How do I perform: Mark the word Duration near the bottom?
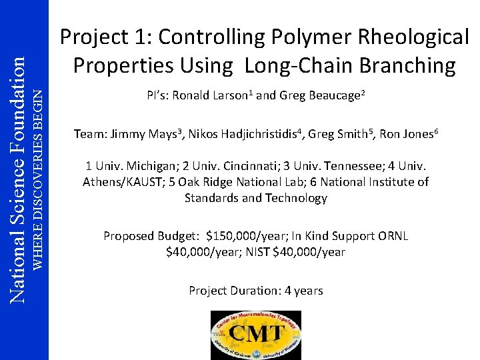pyautogui.click(x=251, y=291)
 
